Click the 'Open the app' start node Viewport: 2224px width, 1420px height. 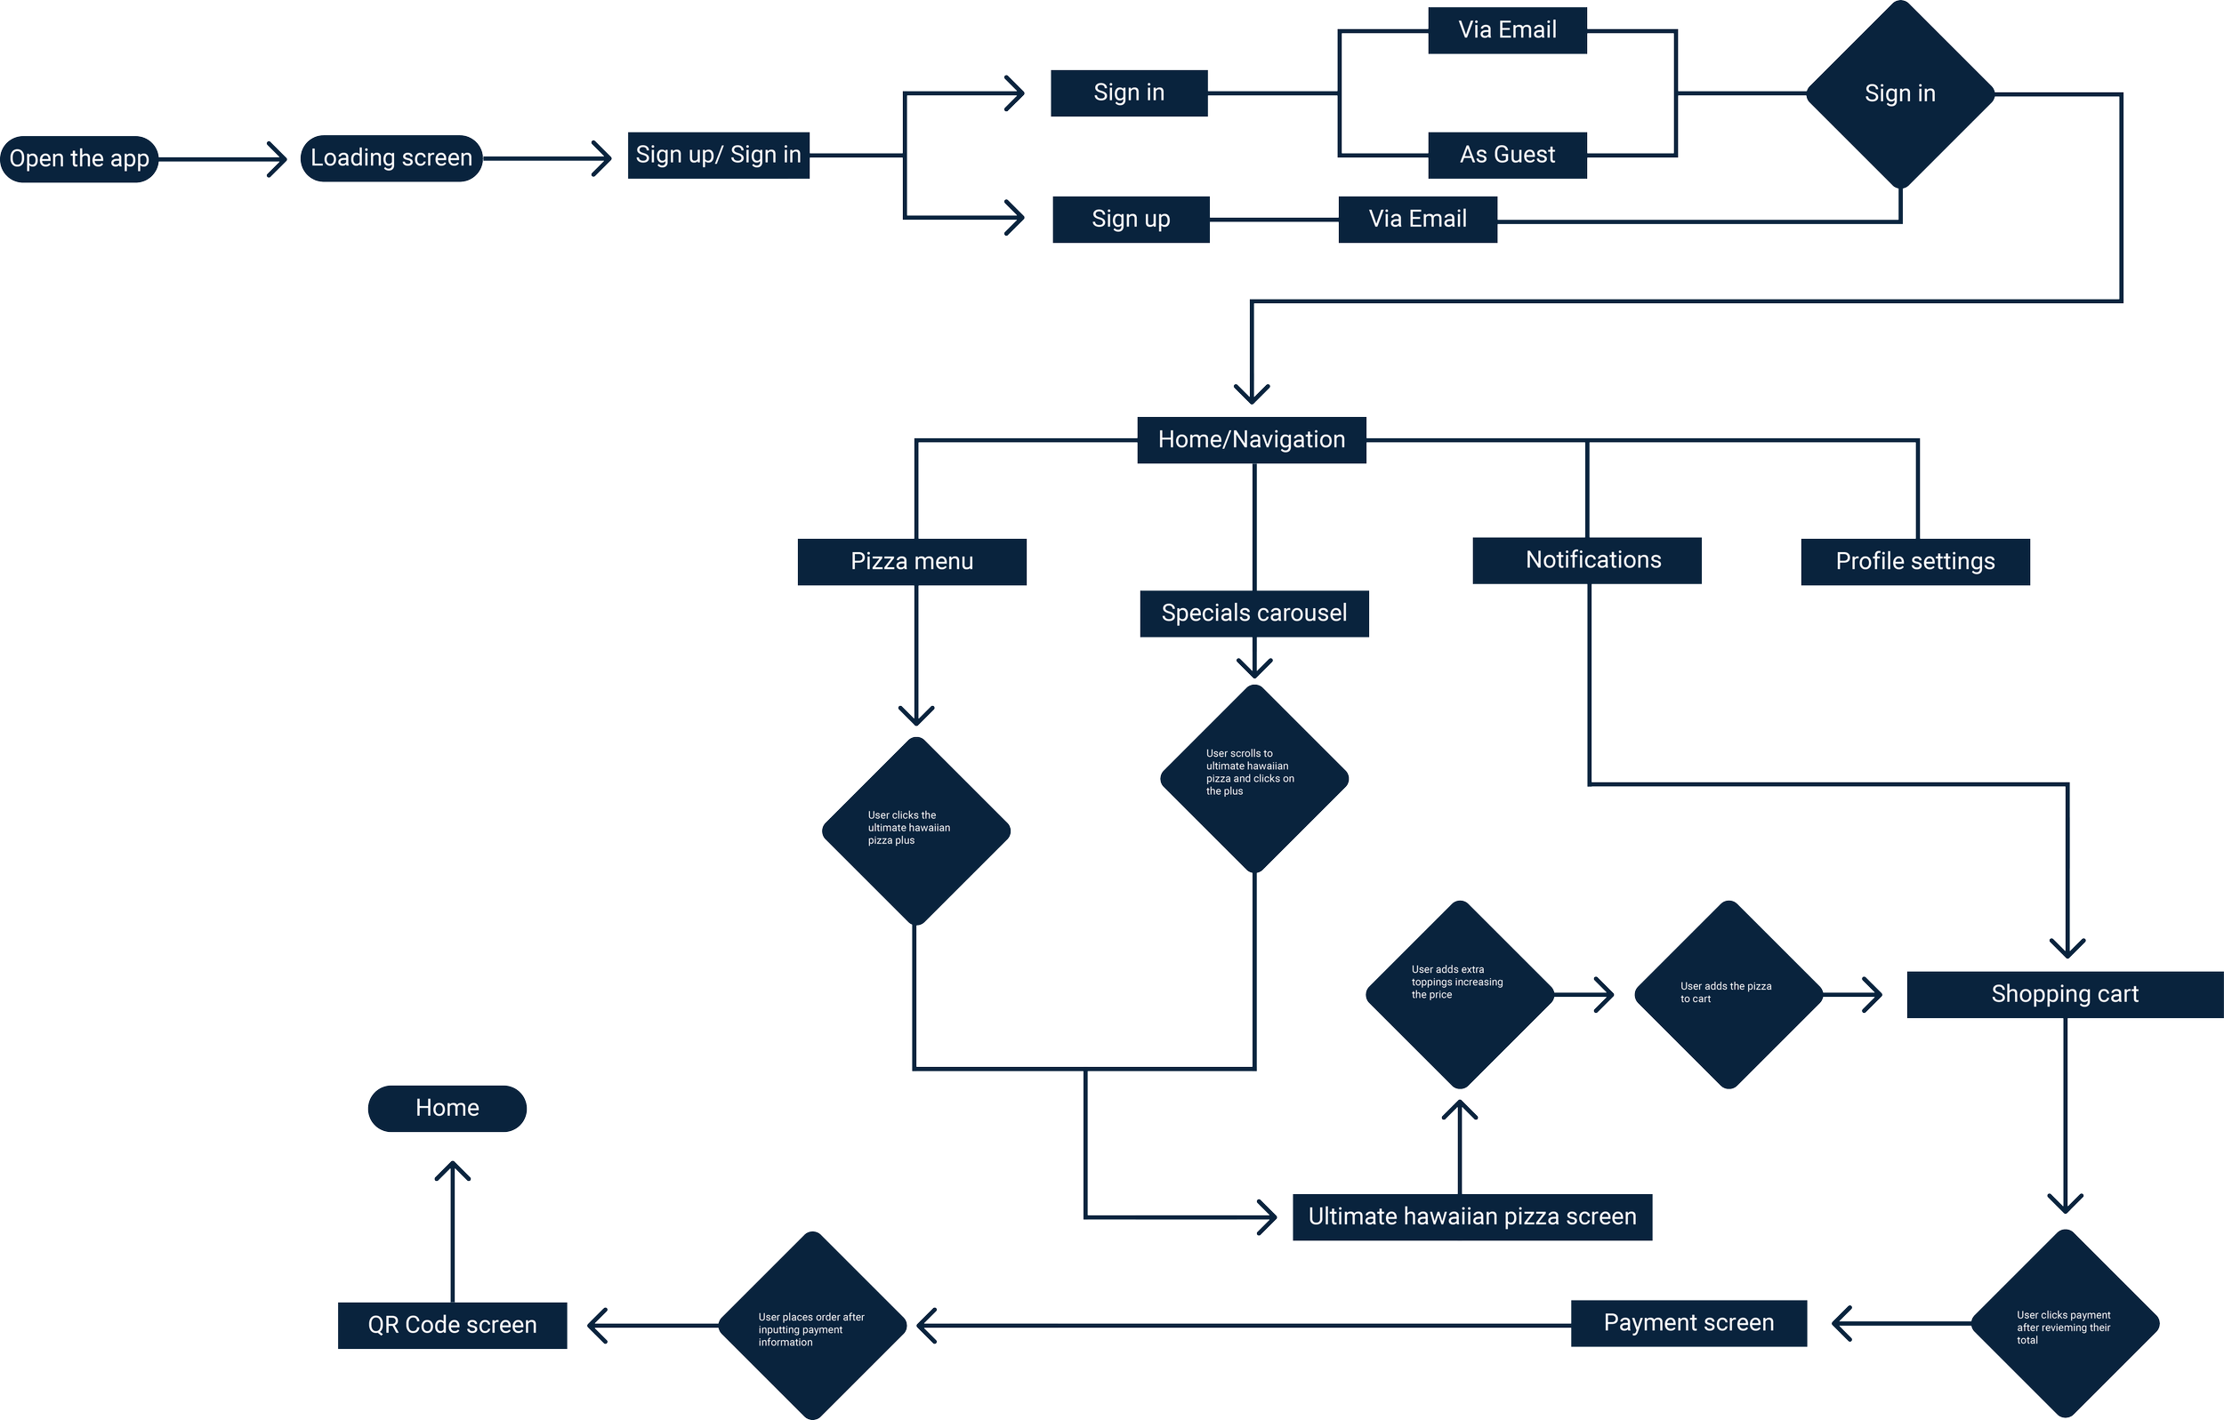point(79,159)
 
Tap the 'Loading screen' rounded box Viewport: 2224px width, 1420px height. point(391,158)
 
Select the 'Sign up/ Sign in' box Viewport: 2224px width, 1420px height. point(719,155)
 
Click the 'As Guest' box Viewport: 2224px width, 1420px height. point(1507,155)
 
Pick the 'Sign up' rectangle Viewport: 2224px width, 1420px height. point(1131,220)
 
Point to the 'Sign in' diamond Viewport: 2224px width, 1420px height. point(1900,94)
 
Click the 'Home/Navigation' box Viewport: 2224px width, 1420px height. point(1252,439)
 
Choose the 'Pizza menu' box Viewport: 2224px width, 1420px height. point(912,561)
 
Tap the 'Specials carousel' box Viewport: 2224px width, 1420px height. point(1253,613)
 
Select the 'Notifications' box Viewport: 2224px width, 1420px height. point(1587,560)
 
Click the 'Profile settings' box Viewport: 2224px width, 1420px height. point(1914,561)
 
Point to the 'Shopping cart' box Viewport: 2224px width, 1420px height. point(2064,994)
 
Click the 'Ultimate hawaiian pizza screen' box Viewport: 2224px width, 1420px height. point(1471,1217)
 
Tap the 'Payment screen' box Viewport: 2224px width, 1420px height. point(1688,1323)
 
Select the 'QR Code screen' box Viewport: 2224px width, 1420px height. point(452,1325)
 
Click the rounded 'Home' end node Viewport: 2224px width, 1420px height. point(447,1108)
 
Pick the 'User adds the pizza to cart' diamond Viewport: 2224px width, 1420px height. point(1728,994)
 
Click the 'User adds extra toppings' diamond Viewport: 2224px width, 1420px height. point(1459,994)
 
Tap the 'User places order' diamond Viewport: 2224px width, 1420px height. point(812,1326)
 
